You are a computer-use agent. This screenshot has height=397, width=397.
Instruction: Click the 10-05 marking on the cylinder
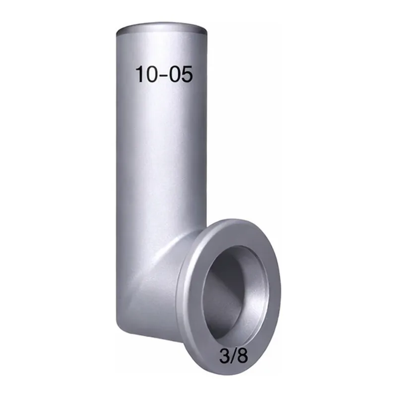click(x=164, y=74)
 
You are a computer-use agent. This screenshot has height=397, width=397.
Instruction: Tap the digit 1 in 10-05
click(x=139, y=74)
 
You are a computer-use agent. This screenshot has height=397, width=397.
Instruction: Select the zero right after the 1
click(x=151, y=74)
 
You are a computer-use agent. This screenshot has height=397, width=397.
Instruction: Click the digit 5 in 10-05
click(x=188, y=74)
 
